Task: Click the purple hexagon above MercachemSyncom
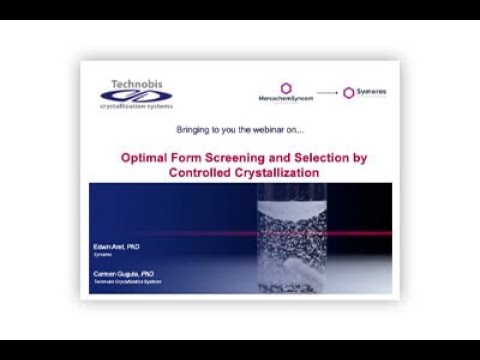tap(286, 88)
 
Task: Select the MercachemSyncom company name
tap(286, 99)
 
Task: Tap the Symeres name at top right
tap(371, 92)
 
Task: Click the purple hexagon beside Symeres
tap(349, 92)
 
